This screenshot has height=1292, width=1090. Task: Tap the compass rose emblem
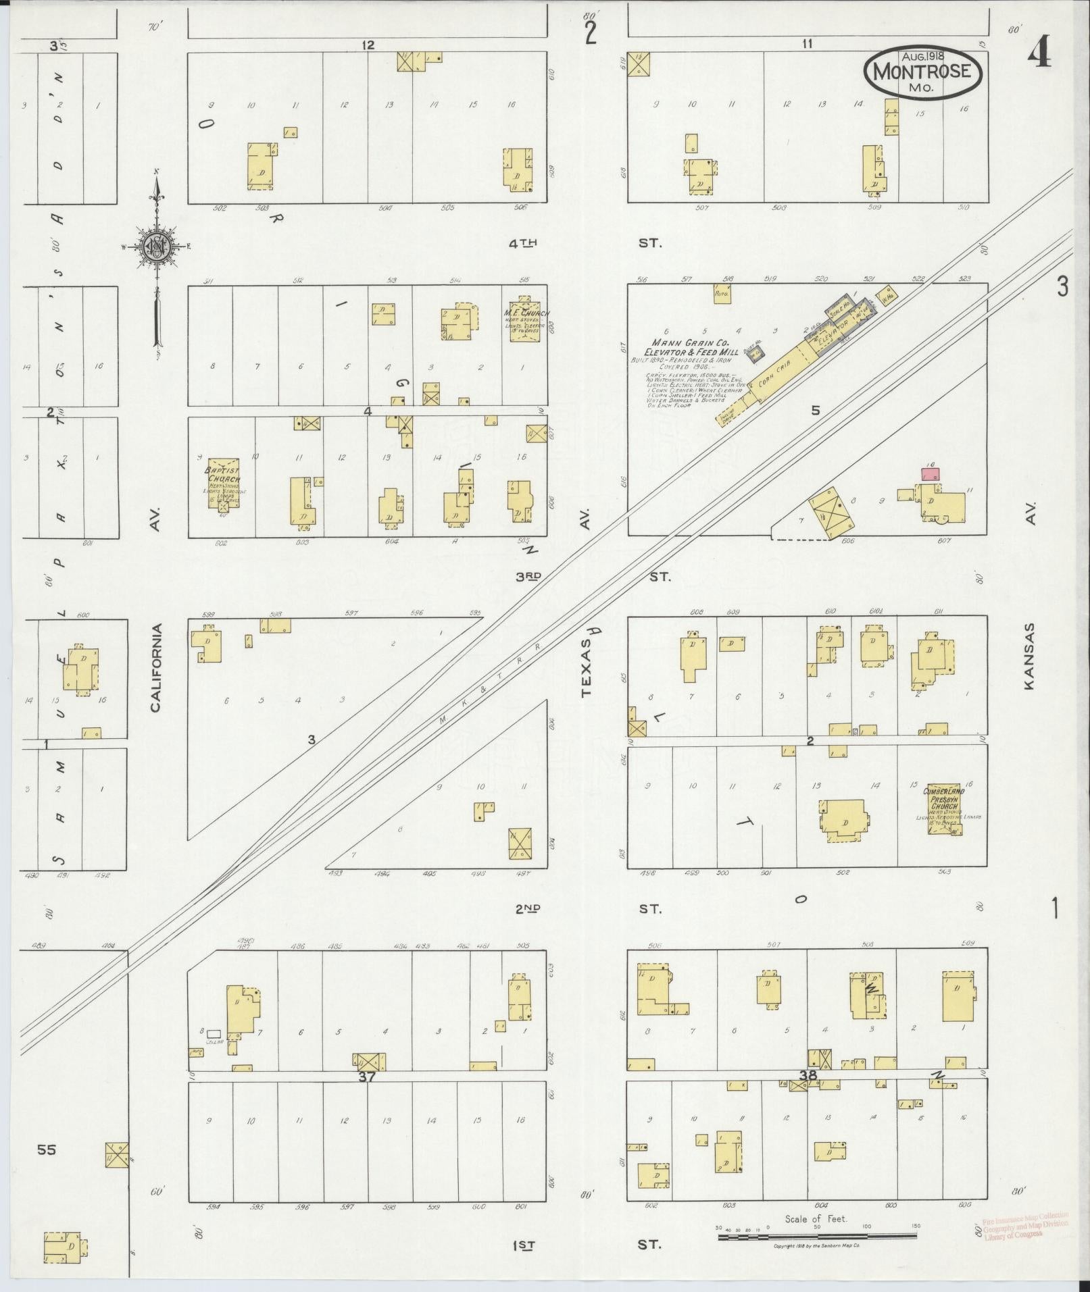coord(156,247)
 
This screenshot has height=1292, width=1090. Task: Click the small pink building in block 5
coord(931,474)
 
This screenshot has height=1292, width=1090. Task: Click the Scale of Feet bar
coord(817,1237)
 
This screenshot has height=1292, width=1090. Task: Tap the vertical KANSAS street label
coord(1029,656)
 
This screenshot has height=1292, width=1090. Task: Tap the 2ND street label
coord(527,908)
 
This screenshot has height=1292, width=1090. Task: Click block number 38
coord(808,1075)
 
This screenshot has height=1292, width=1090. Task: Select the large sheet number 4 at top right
coord(1039,54)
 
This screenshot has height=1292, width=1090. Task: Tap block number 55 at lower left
coord(46,1149)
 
